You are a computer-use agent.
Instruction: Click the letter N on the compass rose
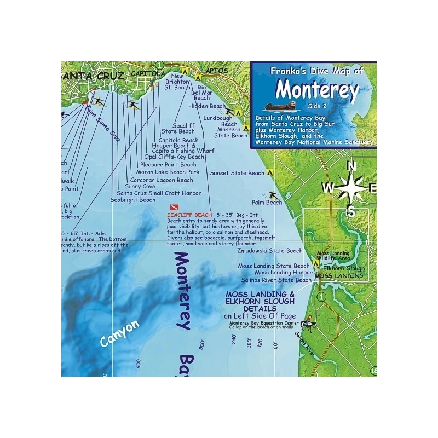353,167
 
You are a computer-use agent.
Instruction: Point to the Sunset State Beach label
237,173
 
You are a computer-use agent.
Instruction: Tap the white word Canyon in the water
120,333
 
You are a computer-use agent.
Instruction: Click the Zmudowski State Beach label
269,251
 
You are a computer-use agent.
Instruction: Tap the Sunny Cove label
141,186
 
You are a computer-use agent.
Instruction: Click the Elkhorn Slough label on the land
343,269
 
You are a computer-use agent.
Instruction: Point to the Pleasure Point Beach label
168,164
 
